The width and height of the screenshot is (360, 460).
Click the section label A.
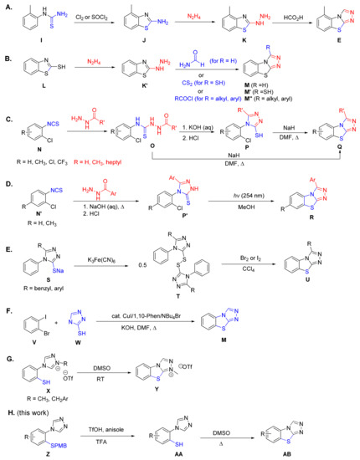click(x=8, y=8)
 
